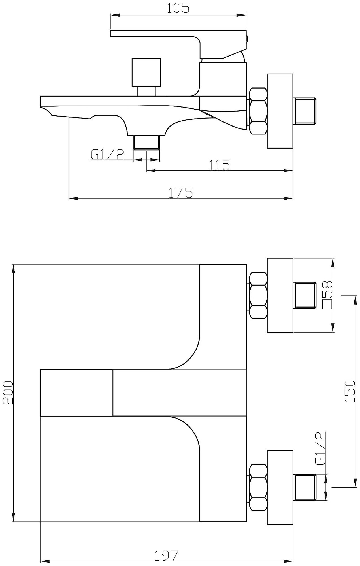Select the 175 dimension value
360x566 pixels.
181,192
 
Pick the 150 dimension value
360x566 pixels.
350,391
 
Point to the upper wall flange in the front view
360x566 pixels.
280,295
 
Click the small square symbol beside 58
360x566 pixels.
328,305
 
